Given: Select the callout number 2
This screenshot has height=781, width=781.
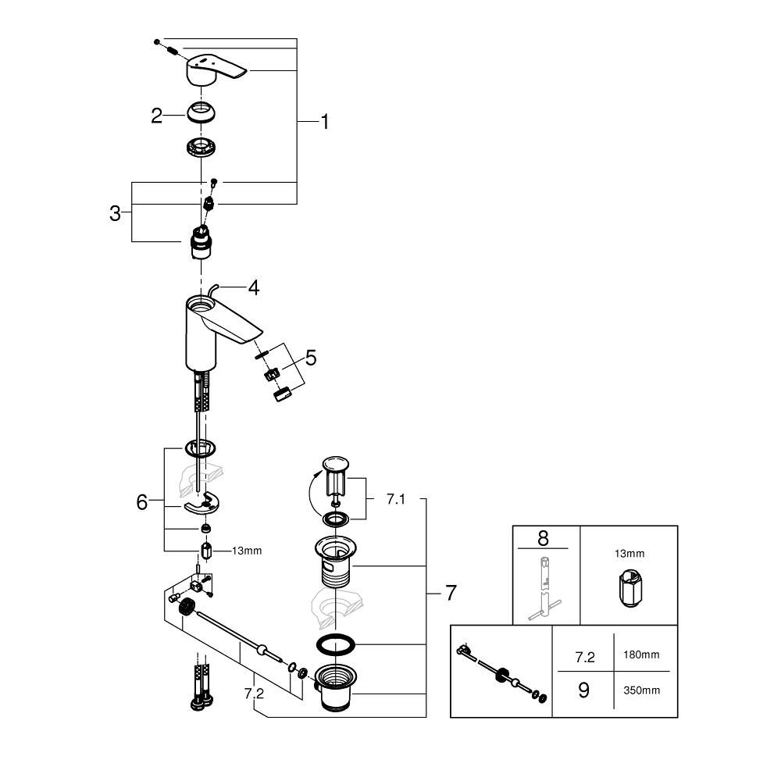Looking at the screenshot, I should click(x=157, y=116).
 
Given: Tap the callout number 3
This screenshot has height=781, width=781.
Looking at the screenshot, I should click(x=115, y=213).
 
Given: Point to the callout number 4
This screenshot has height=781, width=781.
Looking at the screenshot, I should click(x=253, y=287).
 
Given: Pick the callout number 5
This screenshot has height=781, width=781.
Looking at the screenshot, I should click(x=311, y=358).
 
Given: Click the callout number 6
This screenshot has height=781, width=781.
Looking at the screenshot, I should click(x=141, y=502).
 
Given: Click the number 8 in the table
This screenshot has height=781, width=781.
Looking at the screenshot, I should click(x=545, y=538).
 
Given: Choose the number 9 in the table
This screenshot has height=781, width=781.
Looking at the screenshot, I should click(x=583, y=690).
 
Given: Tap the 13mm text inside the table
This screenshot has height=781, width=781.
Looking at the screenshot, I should click(x=629, y=553).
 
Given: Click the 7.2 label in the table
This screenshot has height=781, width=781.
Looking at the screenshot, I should click(x=583, y=657).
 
